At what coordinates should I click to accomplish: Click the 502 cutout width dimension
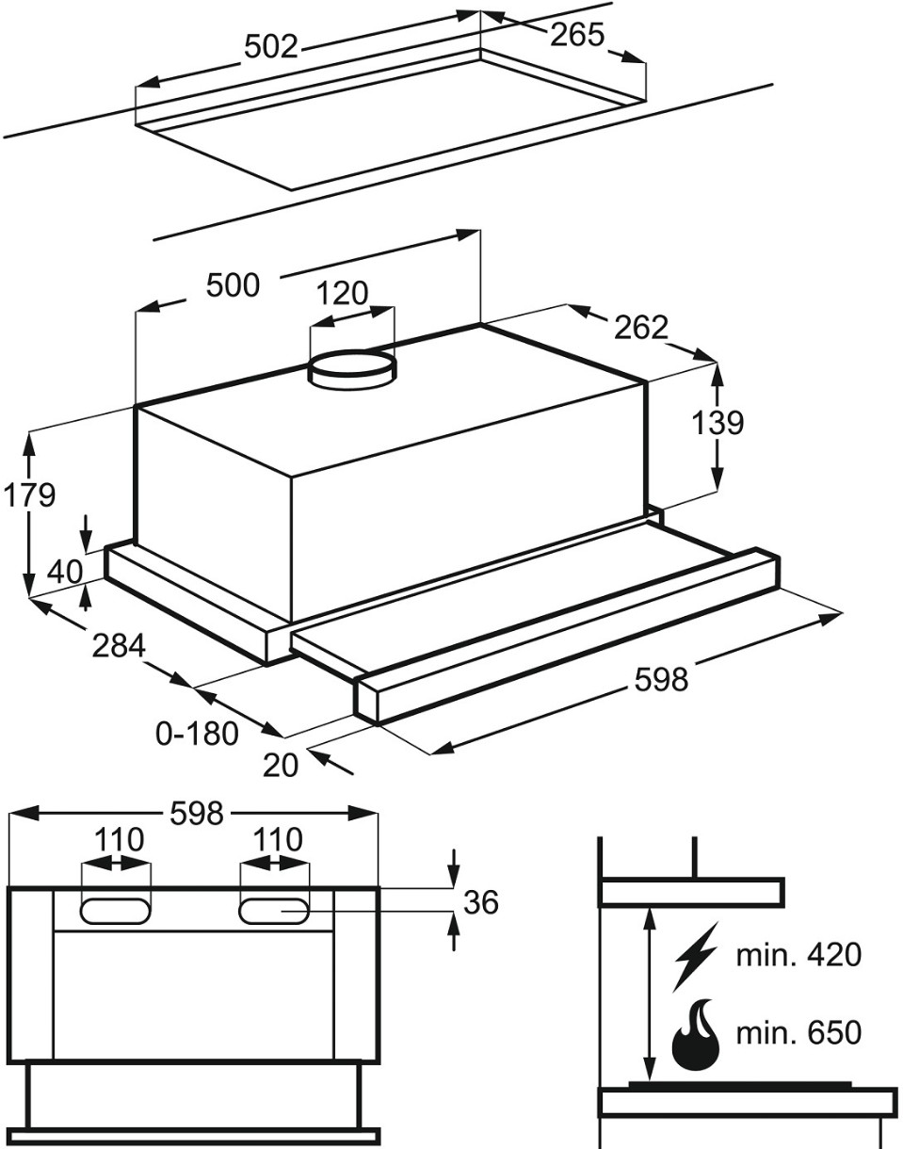coord(270,46)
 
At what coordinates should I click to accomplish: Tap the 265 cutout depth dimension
coord(576,35)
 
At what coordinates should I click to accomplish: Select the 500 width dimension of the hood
coord(233,284)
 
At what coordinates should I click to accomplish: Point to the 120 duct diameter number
coord(342,294)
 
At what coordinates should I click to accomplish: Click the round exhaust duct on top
coord(353,368)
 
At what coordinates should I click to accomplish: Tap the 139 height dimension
coord(718,423)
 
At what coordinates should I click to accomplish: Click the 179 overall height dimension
coord(28,494)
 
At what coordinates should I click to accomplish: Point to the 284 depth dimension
coord(120,646)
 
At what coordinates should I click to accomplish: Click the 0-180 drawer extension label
coord(198,733)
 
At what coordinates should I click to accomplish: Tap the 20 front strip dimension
coord(281,765)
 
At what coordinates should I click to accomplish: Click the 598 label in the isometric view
coord(661,679)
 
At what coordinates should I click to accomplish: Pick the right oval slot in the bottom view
coord(274,911)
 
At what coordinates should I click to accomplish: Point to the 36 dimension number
coord(481,902)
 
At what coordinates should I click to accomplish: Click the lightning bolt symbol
coord(695,955)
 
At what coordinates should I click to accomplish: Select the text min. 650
coord(798,1033)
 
